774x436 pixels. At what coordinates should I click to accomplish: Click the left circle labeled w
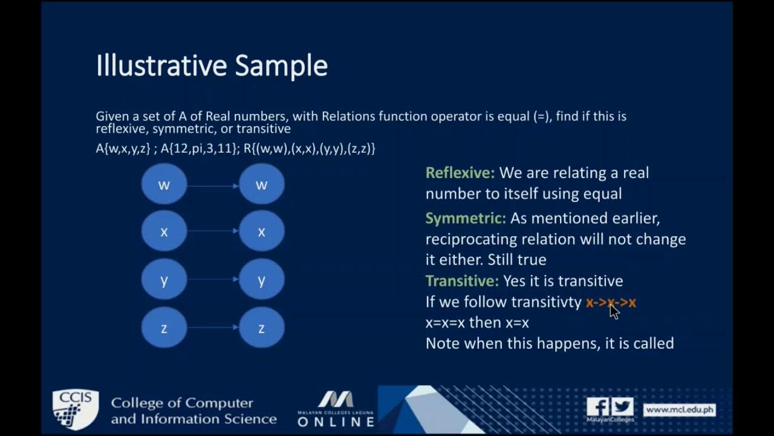pyautogui.click(x=164, y=184)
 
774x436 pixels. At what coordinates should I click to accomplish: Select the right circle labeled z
pyautogui.click(x=262, y=328)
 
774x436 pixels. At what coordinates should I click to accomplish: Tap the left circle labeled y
pyautogui.click(x=164, y=279)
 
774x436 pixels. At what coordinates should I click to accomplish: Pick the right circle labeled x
pyautogui.click(x=262, y=231)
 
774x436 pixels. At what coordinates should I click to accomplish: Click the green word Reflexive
pyautogui.click(x=460, y=173)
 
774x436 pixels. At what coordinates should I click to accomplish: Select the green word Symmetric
pyautogui.click(x=466, y=219)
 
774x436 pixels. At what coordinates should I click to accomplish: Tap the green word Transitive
pyautogui.click(x=462, y=280)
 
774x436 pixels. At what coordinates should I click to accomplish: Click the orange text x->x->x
pyautogui.click(x=611, y=302)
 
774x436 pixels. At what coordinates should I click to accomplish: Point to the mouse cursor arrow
pyautogui.click(x=614, y=311)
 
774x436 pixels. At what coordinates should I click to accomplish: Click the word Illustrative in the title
pyautogui.click(x=161, y=65)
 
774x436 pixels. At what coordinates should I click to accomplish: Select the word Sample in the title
pyautogui.click(x=281, y=67)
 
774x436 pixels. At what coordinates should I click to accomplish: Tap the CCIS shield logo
pyautogui.click(x=76, y=409)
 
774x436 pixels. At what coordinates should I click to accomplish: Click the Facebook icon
pyautogui.click(x=598, y=406)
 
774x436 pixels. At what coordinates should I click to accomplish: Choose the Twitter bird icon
pyautogui.click(x=622, y=406)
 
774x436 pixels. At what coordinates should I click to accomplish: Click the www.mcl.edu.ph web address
pyautogui.click(x=679, y=410)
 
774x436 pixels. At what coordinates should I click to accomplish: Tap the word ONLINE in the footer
pyautogui.click(x=336, y=421)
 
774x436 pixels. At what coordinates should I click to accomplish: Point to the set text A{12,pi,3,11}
pyautogui.click(x=200, y=148)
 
